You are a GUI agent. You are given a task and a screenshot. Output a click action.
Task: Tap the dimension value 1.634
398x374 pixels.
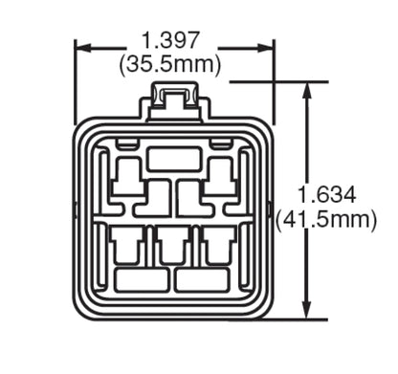pos(327,195)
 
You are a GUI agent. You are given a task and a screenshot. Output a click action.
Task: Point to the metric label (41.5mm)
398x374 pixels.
pos(327,220)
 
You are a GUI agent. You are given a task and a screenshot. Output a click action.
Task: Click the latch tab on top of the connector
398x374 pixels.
pos(175,100)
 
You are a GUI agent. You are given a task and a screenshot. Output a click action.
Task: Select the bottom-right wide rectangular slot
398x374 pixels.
pos(205,280)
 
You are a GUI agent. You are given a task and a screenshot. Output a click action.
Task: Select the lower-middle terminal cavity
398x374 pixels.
pos(173,245)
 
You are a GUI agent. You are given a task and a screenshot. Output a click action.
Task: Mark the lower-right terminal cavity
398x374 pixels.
pos(219,245)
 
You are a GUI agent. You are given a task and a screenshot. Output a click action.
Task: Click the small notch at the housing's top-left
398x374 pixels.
pos(123,143)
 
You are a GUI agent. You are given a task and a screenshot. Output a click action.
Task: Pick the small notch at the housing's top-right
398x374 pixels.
pos(222,143)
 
